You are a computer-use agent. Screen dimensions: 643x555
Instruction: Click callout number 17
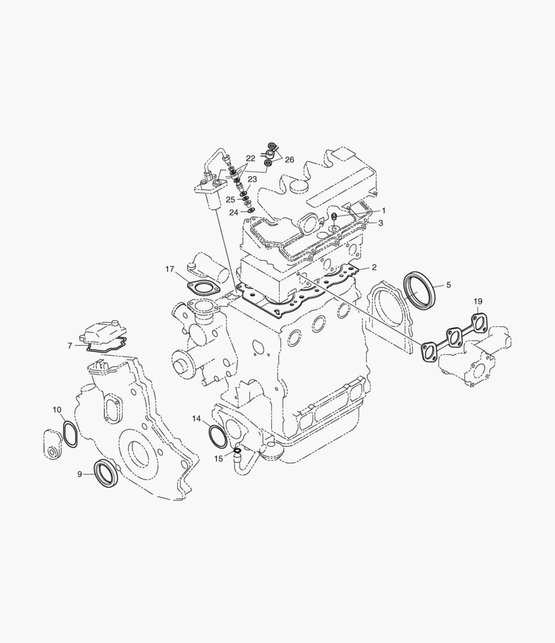click(x=170, y=270)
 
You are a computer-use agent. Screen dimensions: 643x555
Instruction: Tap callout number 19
click(x=478, y=302)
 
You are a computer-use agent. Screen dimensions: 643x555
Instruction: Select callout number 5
click(x=448, y=285)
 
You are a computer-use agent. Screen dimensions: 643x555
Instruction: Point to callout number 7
click(x=70, y=345)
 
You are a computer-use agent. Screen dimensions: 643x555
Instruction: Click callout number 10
click(x=57, y=410)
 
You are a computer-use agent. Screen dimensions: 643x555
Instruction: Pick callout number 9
click(x=80, y=474)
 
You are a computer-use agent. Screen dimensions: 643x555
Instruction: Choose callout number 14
click(x=196, y=419)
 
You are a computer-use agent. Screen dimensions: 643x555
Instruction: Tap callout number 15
click(x=219, y=458)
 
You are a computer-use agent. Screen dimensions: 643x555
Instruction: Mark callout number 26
click(x=289, y=160)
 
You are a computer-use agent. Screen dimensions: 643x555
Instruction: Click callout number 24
click(x=234, y=212)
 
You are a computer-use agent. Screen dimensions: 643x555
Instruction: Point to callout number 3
click(x=381, y=223)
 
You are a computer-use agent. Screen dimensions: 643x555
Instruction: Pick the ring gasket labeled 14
click(x=217, y=436)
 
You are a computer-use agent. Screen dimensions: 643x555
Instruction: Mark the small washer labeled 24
click(x=250, y=210)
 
